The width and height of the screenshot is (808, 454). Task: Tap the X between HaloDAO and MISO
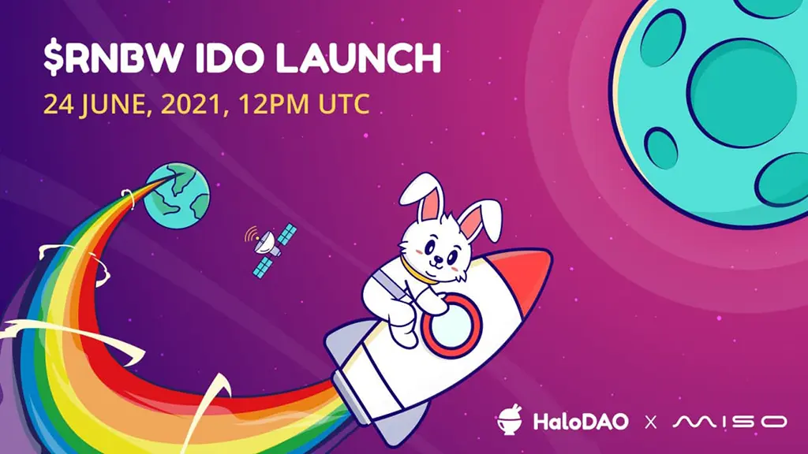coord(650,422)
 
